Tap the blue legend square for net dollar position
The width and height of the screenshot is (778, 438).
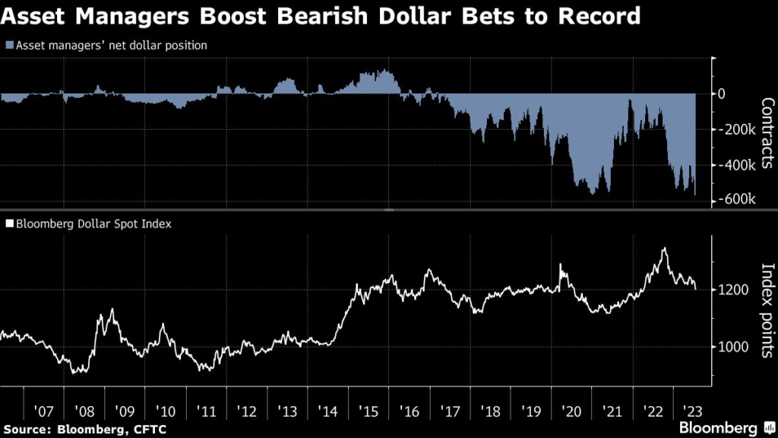pyautogui.click(x=8, y=46)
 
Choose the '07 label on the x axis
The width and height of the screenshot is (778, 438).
pyautogui.click(x=43, y=411)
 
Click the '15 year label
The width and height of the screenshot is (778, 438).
pyautogui.click(x=368, y=411)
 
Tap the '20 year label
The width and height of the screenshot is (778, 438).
pyautogui.click(x=571, y=411)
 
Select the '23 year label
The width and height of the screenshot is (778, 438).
pyautogui.click(x=694, y=411)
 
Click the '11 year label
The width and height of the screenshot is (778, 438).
pyautogui.click(x=206, y=411)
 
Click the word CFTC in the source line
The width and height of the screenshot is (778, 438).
pyautogui.click(x=148, y=429)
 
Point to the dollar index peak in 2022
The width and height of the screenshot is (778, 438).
pyautogui.click(x=665, y=249)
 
